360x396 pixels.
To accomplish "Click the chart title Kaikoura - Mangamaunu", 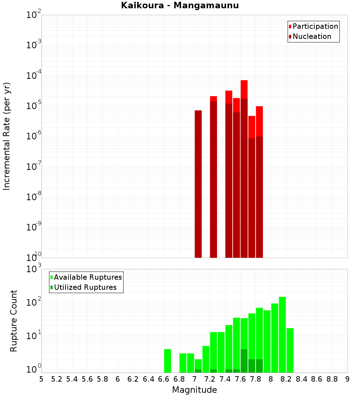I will [180, 5].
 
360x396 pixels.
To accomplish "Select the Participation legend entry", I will [315, 26].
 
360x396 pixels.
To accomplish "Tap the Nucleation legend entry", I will [312, 36].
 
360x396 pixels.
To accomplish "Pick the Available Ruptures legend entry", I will [88, 277].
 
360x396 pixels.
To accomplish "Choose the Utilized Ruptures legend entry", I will [85, 287].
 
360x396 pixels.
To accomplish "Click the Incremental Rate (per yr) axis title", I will [7, 136].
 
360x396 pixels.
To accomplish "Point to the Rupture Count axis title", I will [14, 321].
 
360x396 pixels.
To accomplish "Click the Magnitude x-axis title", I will [194, 390].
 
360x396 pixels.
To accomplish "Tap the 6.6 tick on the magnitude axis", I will [164, 379].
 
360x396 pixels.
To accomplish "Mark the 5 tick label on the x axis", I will [41, 379].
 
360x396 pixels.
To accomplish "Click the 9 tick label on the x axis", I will [347, 379].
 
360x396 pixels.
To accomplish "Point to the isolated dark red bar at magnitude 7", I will [198, 184].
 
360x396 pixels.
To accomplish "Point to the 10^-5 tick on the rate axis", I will [34, 106].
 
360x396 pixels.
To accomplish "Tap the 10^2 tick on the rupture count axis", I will [34, 302].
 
